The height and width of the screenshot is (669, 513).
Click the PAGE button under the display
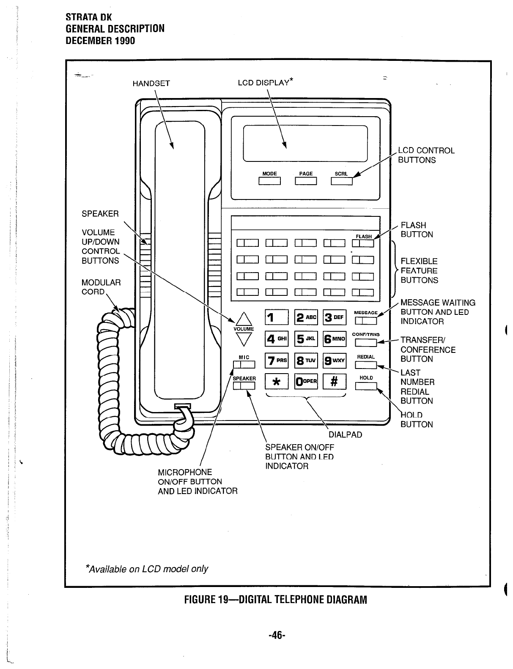pos(306,181)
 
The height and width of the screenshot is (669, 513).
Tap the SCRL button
pos(342,181)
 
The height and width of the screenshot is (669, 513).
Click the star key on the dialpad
pos(276,381)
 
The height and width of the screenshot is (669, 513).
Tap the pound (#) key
pos(334,381)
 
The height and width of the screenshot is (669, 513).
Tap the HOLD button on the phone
pos(366,386)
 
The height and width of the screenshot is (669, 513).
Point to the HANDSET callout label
pos(151,83)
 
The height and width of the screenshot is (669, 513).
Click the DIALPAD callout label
pos(345,435)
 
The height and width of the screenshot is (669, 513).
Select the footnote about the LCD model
pos(147,569)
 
